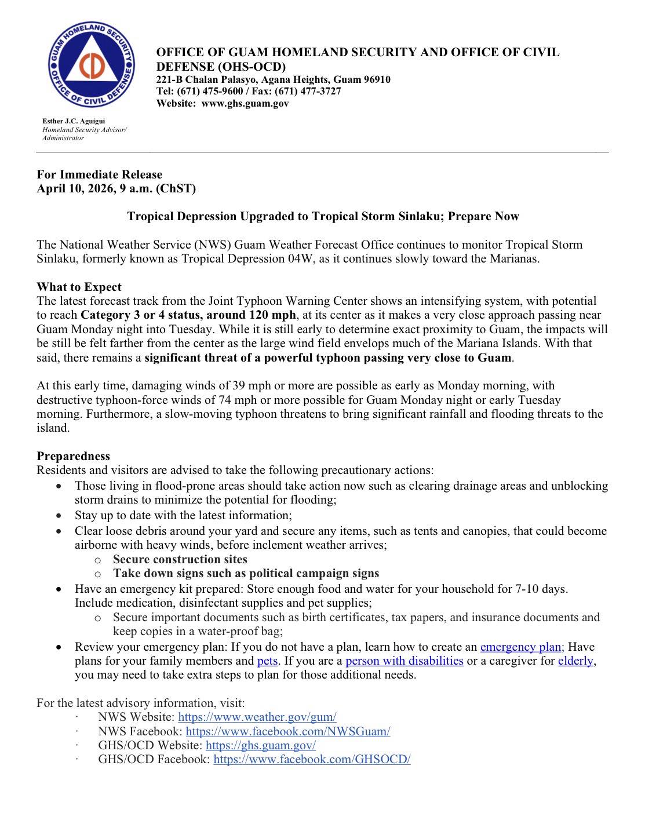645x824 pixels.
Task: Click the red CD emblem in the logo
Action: coord(92,68)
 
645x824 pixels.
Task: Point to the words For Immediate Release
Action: coord(100,174)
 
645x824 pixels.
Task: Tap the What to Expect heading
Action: coord(79,287)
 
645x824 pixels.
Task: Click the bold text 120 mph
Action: coord(275,315)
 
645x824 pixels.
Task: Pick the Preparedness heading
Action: coord(74,456)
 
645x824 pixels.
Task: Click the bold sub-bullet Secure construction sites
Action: coord(180,559)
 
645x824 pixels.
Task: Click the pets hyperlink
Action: coord(268,661)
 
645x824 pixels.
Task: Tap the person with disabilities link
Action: coord(405,661)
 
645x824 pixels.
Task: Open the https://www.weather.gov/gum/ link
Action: coord(257,717)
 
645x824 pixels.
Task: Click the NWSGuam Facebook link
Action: coord(288,731)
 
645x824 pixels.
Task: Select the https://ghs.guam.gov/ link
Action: coord(261,746)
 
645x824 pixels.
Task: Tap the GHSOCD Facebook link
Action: coord(312,760)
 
